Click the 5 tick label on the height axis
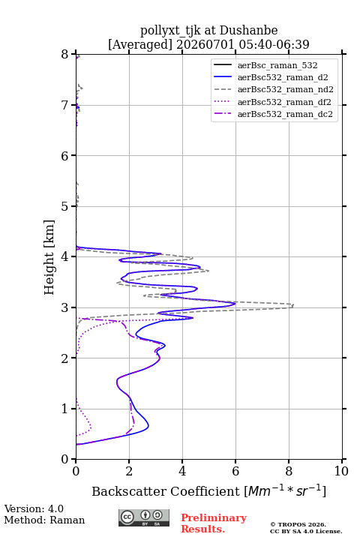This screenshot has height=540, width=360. pyautogui.click(x=65, y=206)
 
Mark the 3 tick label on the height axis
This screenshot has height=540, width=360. pyautogui.click(x=65, y=307)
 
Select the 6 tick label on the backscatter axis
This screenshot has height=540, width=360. pyautogui.click(x=235, y=471)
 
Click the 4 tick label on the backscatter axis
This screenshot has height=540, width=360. pyautogui.click(x=182, y=471)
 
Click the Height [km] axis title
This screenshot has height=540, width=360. pyautogui.click(x=49, y=257)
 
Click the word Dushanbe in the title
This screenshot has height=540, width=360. pyautogui.click(x=248, y=31)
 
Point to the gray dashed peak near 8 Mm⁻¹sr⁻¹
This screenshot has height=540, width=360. pyautogui.click(x=293, y=305)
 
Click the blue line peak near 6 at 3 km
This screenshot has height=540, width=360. pyautogui.click(x=235, y=304)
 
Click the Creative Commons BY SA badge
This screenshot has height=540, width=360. pyautogui.click(x=144, y=517)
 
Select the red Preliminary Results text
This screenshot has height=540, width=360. pyautogui.click(x=214, y=523)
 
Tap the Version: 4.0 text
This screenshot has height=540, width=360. pyautogui.click(x=34, y=508)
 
